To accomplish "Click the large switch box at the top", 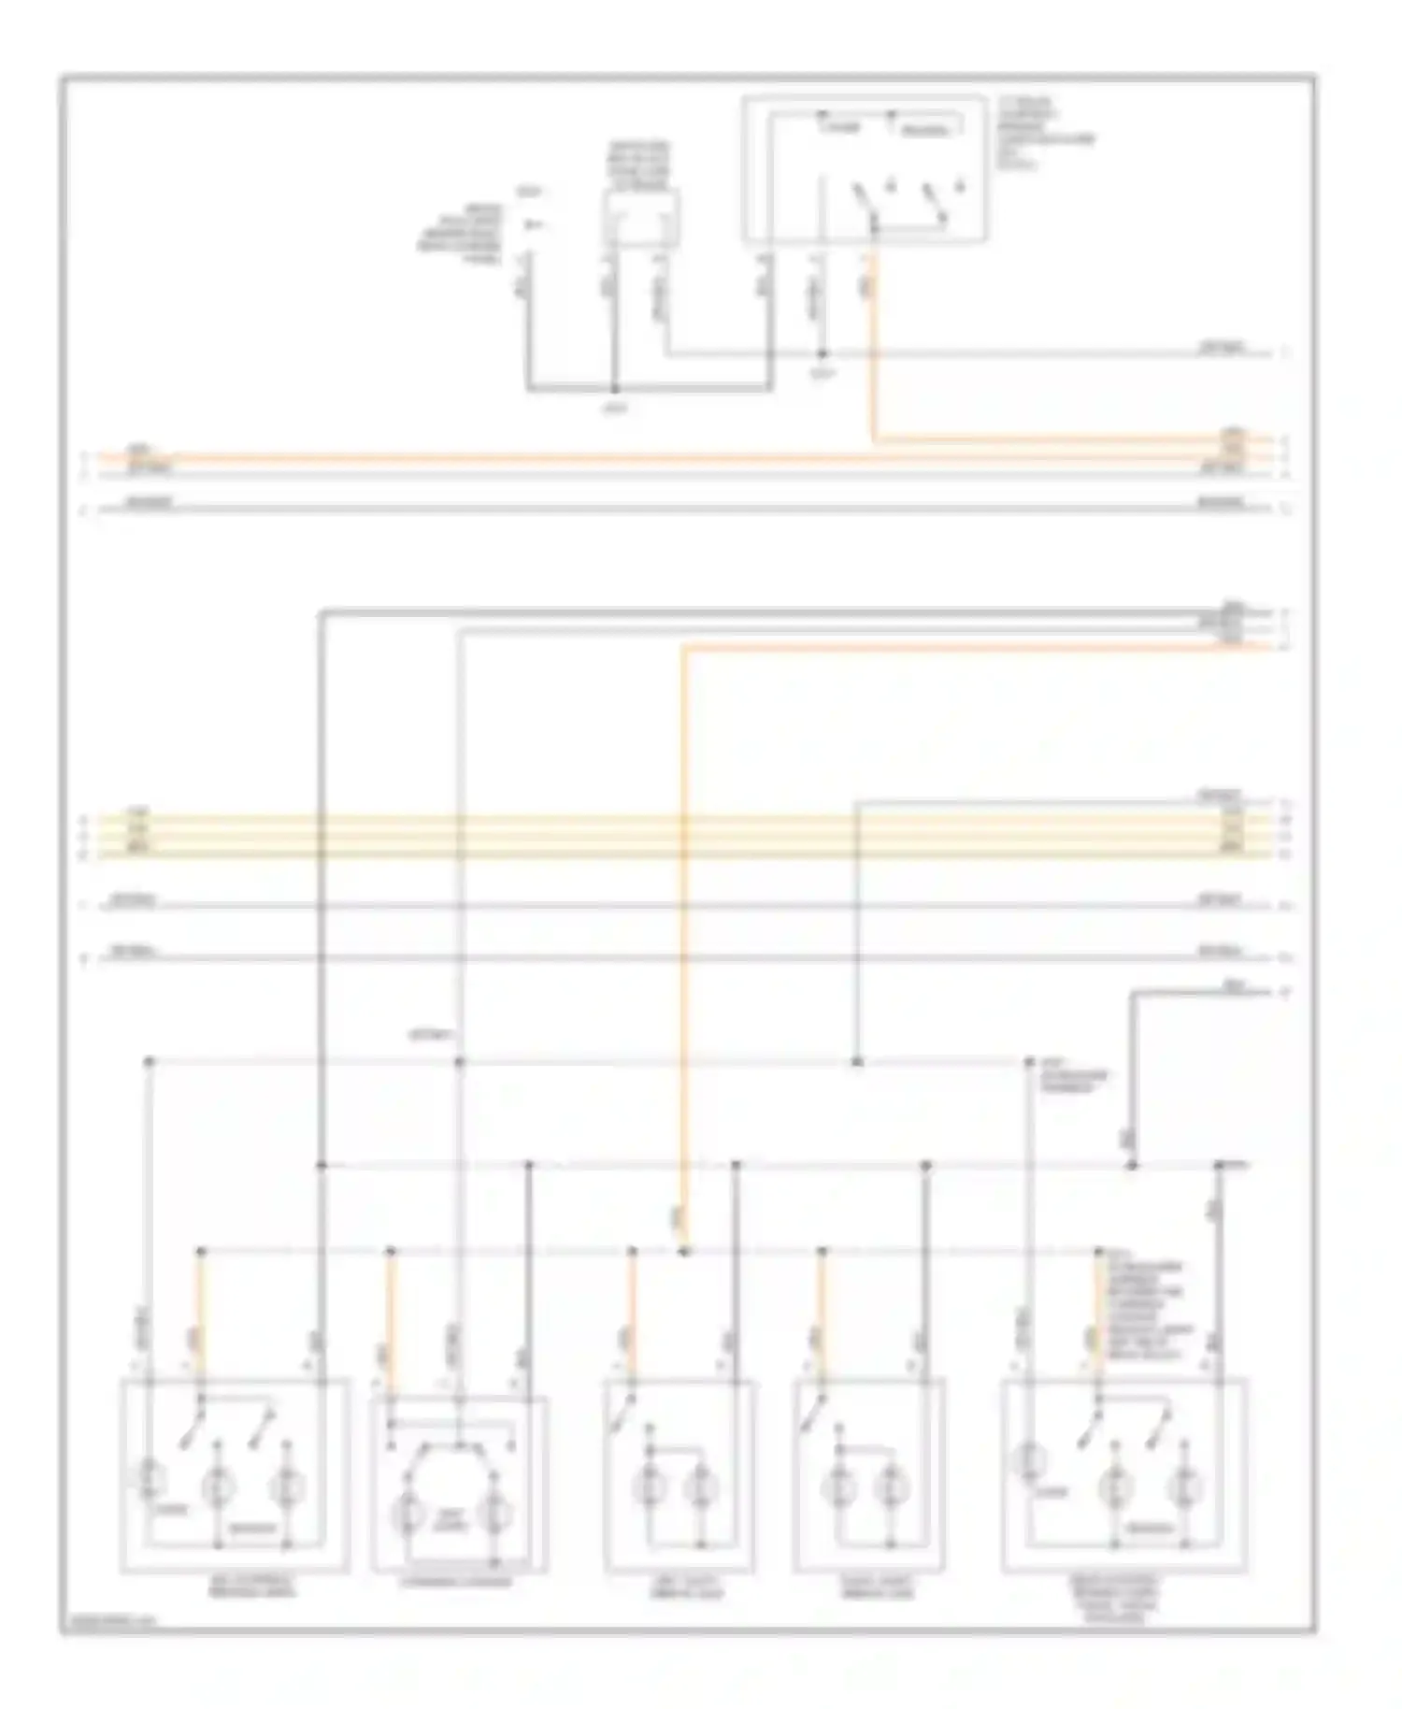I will click(x=864, y=168).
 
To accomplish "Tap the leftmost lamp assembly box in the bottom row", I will click(x=235, y=1474).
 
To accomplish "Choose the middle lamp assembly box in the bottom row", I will click(x=680, y=1474).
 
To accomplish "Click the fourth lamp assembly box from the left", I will click(x=868, y=1474).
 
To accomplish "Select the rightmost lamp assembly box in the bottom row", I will click(x=1123, y=1474).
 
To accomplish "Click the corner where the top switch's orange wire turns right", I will click(x=874, y=438).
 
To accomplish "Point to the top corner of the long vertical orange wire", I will click(x=684, y=647).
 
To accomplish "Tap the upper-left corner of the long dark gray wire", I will click(x=321, y=613).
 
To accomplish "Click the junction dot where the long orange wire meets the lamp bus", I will click(x=684, y=1250).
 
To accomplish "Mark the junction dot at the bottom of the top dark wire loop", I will click(x=615, y=389).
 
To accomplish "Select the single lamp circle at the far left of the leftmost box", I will click(x=150, y=1477).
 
